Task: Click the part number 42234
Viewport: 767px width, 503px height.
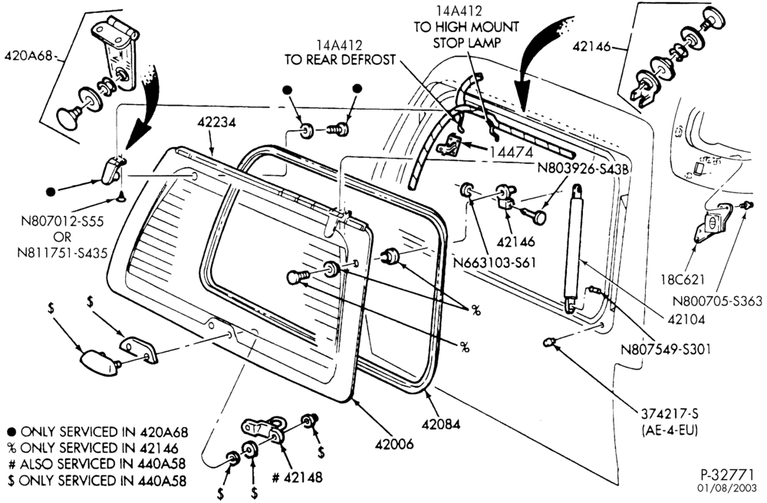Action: [217, 122]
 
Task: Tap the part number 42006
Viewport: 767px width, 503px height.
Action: [394, 444]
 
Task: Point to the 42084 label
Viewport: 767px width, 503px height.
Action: [441, 424]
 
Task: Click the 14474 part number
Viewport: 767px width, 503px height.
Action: [511, 153]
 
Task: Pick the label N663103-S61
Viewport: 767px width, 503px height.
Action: [495, 263]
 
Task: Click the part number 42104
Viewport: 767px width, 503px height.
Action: [686, 319]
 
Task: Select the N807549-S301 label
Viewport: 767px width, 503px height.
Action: [665, 350]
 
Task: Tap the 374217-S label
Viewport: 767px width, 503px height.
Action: [669, 413]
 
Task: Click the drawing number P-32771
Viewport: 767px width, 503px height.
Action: [728, 475]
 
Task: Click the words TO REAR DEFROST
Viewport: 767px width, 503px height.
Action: [340, 60]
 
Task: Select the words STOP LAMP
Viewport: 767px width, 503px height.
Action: [466, 43]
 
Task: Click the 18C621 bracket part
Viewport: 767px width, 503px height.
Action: [713, 223]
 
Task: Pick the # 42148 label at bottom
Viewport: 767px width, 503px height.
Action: [297, 477]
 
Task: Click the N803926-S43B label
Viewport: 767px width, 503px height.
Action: [583, 168]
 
